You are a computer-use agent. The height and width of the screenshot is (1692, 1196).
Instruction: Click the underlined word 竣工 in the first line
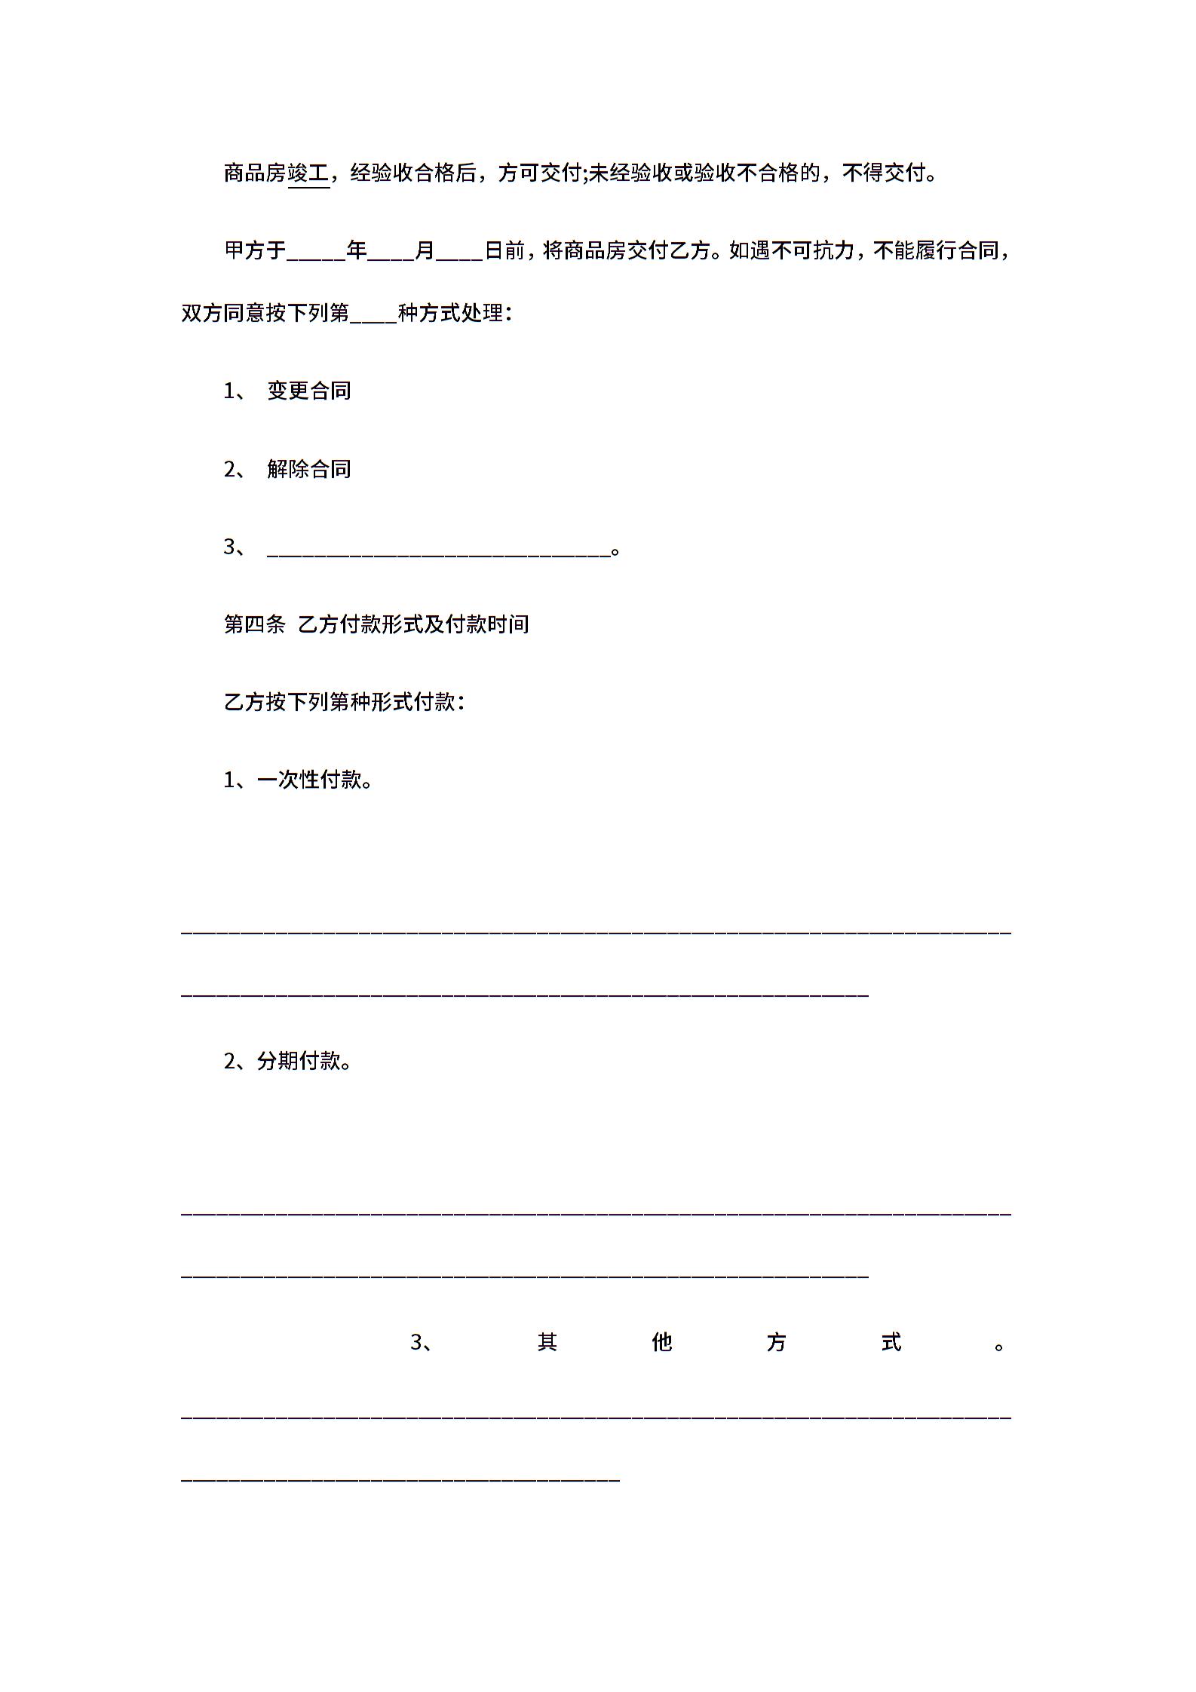pyautogui.click(x=309, y=173)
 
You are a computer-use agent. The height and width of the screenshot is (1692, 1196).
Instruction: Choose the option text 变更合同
pyautogui.click(x=309, y=391)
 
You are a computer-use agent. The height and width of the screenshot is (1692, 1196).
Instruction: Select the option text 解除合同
pyautogui.click(x=309, y=469)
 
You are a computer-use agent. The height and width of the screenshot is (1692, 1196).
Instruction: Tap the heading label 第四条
pyautogui.click(x=255, y=624)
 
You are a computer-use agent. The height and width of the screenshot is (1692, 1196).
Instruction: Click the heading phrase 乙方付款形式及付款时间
pyautogui.click(x=413, y=624)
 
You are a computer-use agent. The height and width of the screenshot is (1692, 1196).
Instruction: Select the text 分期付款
pyautogui.click(x=299, y=1062)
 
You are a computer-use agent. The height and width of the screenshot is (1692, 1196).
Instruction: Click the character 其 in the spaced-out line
pyautogui.click(x=547, y=1343)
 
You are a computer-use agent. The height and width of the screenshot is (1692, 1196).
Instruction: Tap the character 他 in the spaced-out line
pyautogui.click(x=662, y=1343)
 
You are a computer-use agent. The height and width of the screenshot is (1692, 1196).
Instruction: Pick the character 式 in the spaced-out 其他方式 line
pyautogui.click(x=891, y=1343)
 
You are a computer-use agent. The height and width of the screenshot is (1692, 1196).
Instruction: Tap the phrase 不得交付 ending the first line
pyautogui.click(x=883, y=173)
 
